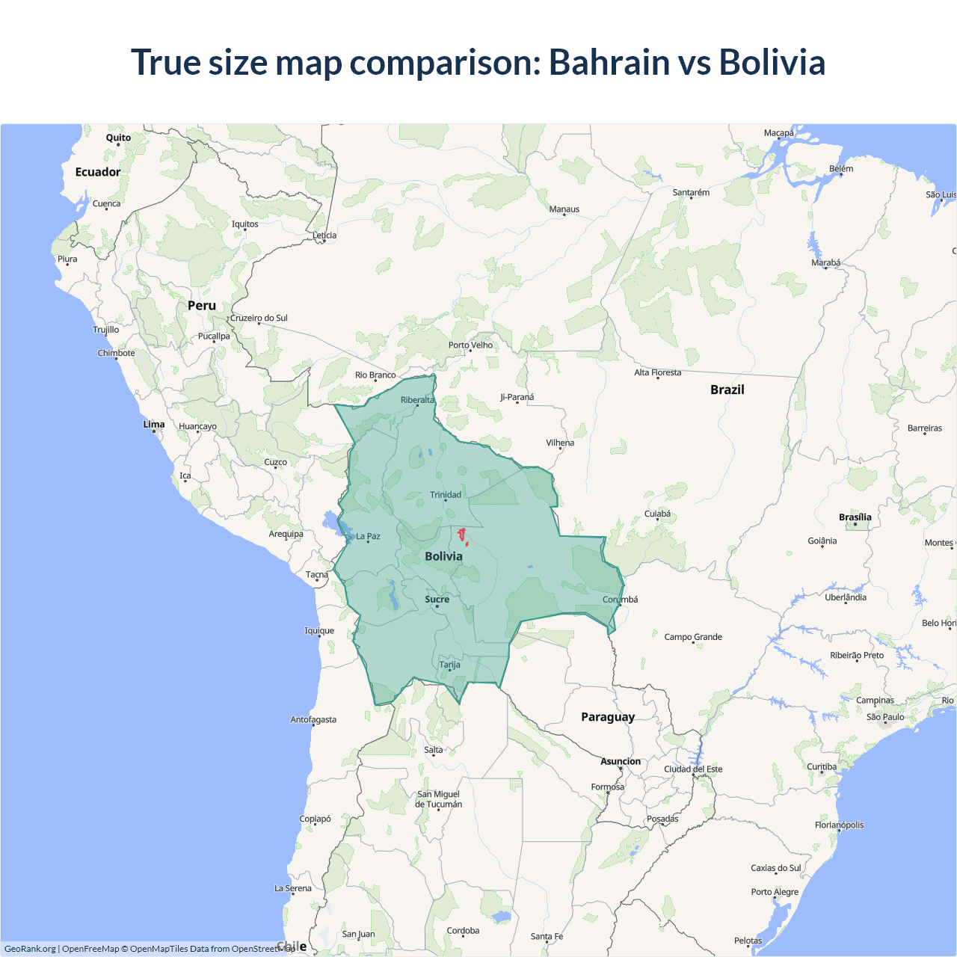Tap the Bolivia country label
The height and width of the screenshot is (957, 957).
[x=443, y=556]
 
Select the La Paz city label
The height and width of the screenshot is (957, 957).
[x=368, y=536]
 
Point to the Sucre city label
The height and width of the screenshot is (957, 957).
[x=437, y=599]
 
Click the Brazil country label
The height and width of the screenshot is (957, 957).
[x=727, y=390]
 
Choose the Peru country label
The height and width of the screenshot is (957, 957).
[x=202, y=306]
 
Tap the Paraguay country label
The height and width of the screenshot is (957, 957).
[x=608, y=717]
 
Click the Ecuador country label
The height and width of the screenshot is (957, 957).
[x=98, y=172]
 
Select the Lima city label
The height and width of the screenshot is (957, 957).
[x=154, y=424]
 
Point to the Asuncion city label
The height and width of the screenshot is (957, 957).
[x=621, y=761]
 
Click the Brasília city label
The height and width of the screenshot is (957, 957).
[x=855, y=517]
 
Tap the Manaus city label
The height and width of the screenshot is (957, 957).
[x=564, y=209]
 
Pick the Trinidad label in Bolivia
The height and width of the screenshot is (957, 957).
[x=446, y=494]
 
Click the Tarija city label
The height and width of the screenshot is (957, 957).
[x=449, y=665]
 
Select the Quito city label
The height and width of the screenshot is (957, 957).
[x=118, y=138]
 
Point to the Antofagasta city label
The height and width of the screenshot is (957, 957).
[x=313, y=719]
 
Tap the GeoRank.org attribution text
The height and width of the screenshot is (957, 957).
[x=30, y=949]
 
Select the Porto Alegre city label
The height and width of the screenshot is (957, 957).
[x=775, y=891]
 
